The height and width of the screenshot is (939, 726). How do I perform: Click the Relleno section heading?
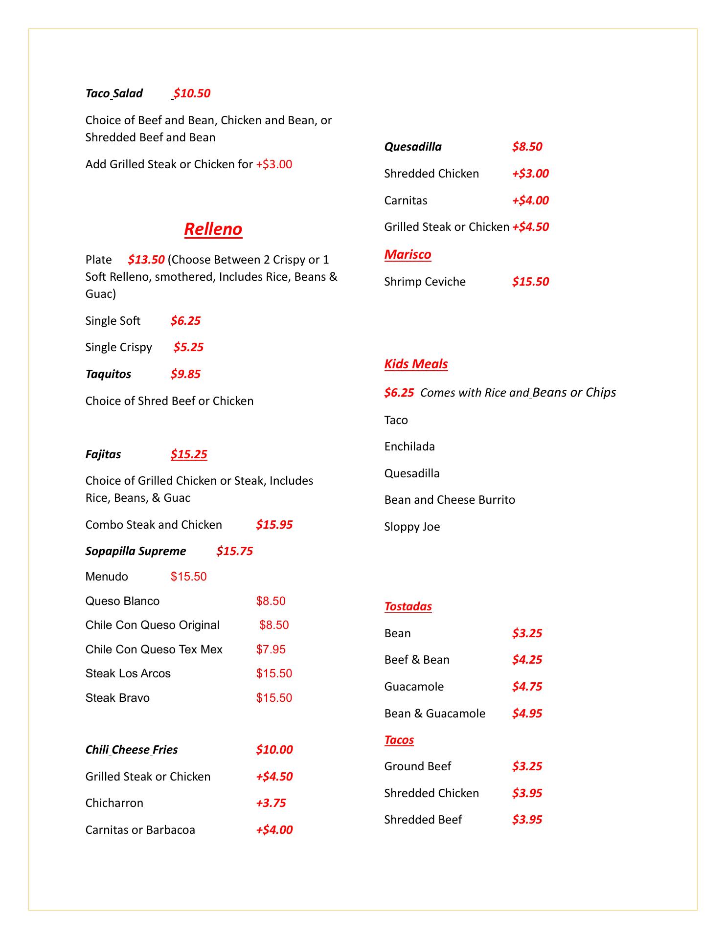coord(213,229)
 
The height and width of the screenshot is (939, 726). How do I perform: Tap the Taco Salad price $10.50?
coord(192,93)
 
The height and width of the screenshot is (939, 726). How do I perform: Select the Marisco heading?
coord(408,254)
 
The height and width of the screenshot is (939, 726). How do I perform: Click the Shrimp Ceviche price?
coord(530,282)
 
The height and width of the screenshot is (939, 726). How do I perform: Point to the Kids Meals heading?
coord(416,364)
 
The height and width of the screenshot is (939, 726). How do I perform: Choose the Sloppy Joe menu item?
coord(412,527)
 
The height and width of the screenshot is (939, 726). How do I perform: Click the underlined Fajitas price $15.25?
coord(189,454)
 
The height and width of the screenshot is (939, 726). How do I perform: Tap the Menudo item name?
coord(107,577)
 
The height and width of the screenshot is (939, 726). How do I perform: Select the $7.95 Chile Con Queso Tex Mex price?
coord(271,649)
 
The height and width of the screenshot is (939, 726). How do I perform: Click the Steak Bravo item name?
coord(117,698)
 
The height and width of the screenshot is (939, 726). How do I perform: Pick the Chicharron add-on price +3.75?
coord(271,803)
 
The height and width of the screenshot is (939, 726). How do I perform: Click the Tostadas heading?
coord(408,606)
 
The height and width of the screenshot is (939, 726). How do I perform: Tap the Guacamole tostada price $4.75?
coord(527,687)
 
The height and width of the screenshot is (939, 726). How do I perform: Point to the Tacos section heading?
coord(399,740)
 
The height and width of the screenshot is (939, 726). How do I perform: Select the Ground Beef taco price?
coord(527,766)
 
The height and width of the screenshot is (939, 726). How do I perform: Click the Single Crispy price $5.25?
coord(188,347)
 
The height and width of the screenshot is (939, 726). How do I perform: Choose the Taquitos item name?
coord(108,374)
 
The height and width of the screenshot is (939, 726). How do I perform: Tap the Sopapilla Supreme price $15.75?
coord(234,551)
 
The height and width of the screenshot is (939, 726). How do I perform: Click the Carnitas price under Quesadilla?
coord(530,201)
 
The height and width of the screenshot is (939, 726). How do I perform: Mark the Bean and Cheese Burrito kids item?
coord(450,500)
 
